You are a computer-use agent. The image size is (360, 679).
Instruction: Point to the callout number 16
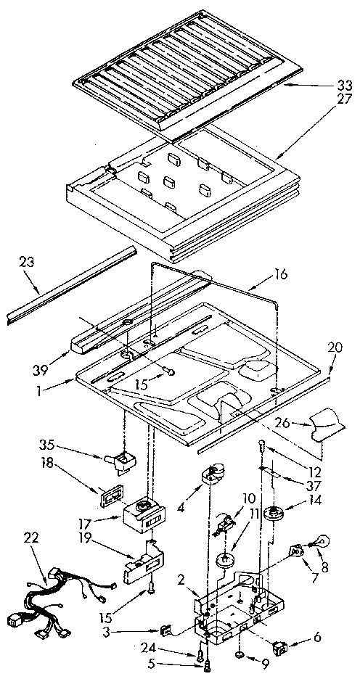(x=280, y=274)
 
